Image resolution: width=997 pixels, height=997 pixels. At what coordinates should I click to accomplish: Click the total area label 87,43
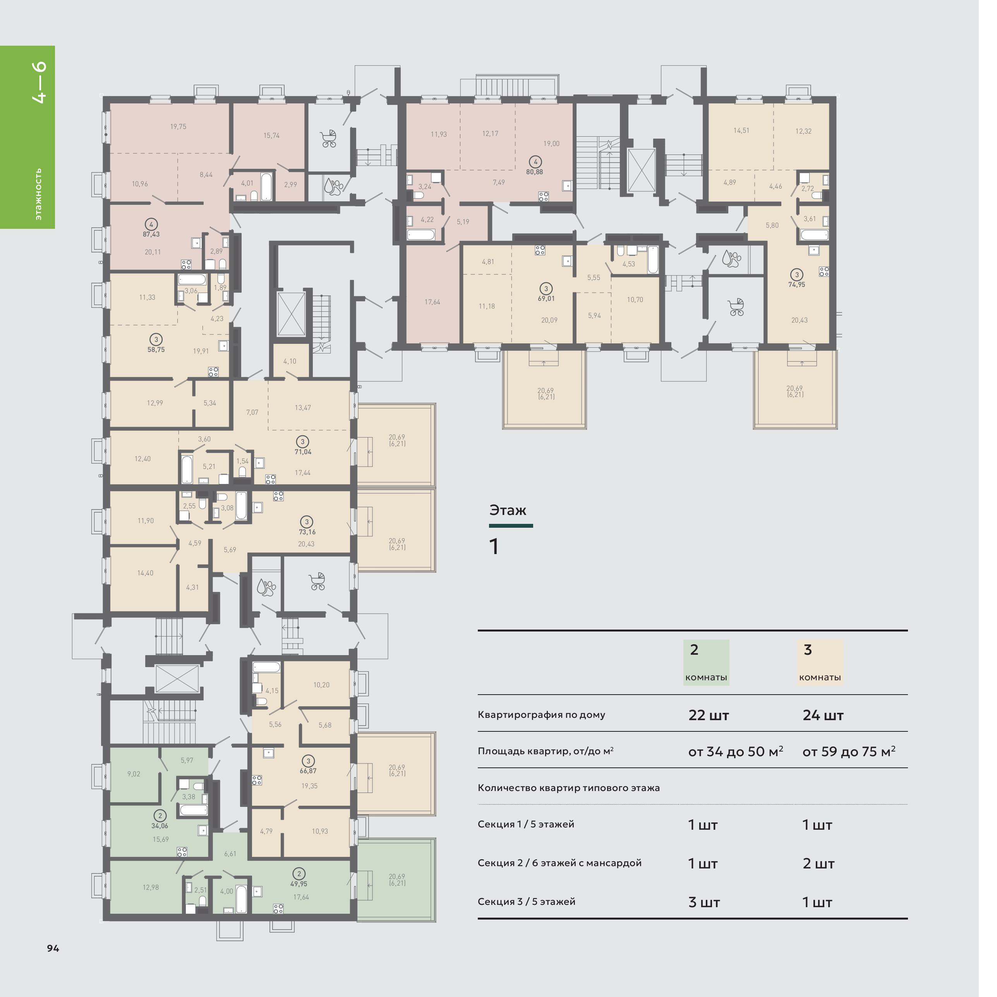tap(151, 234)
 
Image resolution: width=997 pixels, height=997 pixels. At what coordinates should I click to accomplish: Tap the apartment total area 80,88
tap(535, 172)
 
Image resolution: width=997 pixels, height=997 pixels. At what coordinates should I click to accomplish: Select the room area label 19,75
tap(178, 127)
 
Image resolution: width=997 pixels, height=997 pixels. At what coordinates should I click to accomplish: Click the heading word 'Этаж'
tap(508, 510)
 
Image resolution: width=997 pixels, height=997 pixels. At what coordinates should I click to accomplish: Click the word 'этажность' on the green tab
tap(39, 194)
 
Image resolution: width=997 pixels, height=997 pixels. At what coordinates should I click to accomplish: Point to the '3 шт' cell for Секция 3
tap(704, 902)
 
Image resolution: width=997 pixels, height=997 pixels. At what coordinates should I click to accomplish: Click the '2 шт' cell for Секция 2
tap(819, 863)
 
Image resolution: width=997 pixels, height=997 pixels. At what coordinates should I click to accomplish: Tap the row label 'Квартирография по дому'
tap(541, 715)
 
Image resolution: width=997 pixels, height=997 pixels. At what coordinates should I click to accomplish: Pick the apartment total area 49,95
tap(299, 884)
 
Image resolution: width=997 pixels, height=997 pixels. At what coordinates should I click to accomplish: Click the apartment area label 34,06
tap(160, 826)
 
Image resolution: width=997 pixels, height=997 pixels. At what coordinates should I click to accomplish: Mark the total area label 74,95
tap(797, 284)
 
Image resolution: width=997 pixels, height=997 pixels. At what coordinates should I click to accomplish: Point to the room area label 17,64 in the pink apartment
tap(432, 302)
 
